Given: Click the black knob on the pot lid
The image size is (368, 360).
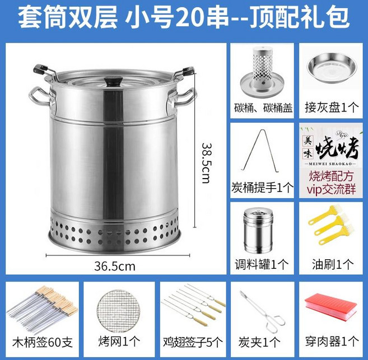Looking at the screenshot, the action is pos(113,82).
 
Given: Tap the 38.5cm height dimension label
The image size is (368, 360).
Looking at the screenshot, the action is pos(207,163).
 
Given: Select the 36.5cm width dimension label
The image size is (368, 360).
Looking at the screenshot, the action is pos(115,266).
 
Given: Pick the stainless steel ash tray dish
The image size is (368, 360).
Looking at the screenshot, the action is pos(331,69).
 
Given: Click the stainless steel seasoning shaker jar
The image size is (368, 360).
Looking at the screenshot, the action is pos(258,231).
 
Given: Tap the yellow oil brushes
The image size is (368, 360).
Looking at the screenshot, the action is pos(331,225).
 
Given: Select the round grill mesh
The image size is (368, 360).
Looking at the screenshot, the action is pos(118,310).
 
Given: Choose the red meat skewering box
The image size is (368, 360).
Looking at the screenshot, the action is pos(331,308).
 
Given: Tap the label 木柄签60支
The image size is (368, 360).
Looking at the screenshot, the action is pos(43,342).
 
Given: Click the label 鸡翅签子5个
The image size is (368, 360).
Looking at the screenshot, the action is pos(193,342).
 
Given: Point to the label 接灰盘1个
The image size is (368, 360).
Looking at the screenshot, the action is pos(332,107).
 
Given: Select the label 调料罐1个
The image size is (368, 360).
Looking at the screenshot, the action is pos(262,264).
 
